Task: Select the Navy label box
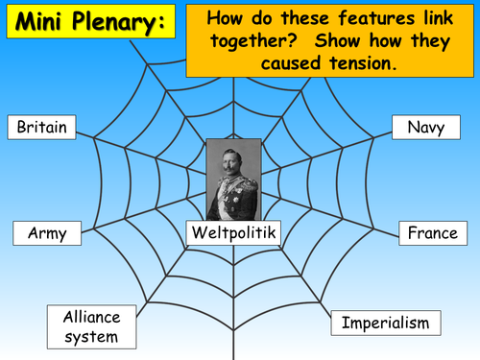(x=425, y=128)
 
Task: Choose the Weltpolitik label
(x=235, y=232)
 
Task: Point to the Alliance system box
(x=88, y=326)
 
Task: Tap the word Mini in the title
(x=38, y=23)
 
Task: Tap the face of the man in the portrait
(x=233, y=155)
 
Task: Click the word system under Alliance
(x=88, y=336)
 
